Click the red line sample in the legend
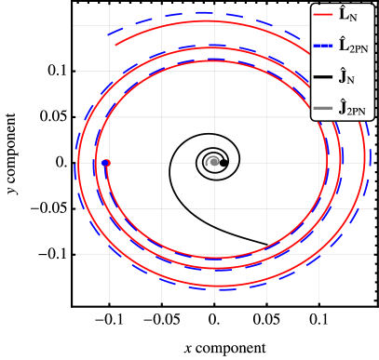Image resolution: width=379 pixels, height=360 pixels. (x=323, y=15)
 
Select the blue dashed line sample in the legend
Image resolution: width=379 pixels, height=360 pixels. (x=323, y=44)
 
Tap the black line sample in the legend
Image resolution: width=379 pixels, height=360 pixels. (x=323, y=75)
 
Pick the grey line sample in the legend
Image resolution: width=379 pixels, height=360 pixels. (x=323, y=107)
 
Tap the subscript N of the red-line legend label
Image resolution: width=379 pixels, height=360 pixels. (x=353, y=19)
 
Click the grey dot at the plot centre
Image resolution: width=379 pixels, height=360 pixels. (x=215, y=161)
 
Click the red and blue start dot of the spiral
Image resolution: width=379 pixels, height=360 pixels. (x=105, y=163)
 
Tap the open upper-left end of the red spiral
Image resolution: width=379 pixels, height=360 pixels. (x=115, y=44)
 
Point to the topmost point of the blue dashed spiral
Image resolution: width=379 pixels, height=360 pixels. (x=210, y=13)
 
